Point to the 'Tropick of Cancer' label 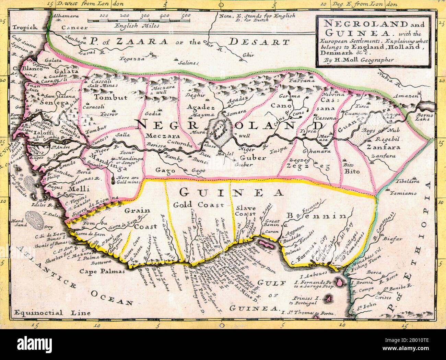(x=31, y=28)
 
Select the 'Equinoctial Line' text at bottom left (x=51, y=312)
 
